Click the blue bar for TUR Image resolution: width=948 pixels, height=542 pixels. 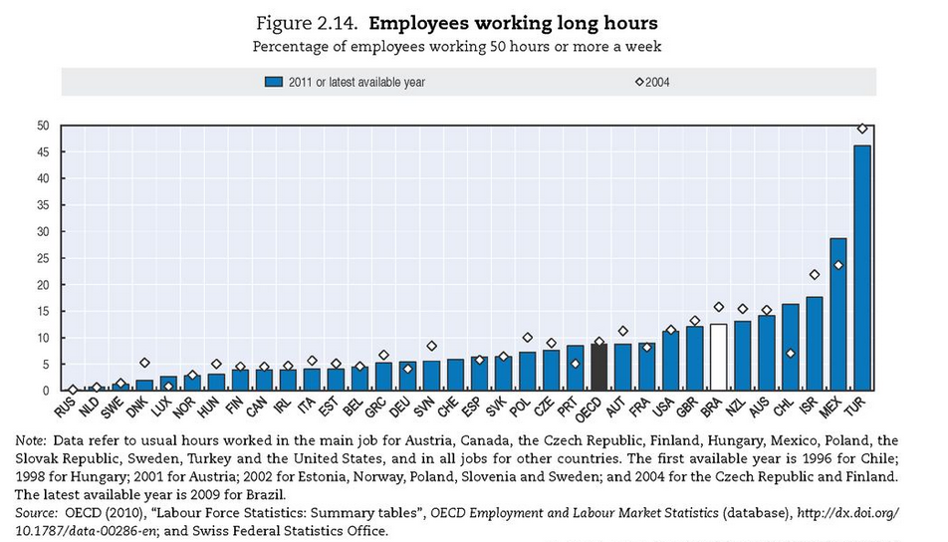coord(862,267)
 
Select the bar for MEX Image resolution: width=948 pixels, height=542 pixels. coord(838,314)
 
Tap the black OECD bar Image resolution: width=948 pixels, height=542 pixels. coord(598,367)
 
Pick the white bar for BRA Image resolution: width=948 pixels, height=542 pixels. coord(718,357)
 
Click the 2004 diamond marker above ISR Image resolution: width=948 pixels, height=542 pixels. coord(815,275)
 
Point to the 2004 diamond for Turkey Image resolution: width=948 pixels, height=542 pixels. coord(862,129)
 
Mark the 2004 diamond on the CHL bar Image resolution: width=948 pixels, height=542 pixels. coord(791,354)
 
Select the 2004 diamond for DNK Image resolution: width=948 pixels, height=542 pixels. coord(143,363)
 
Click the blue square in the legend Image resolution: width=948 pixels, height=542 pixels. coord(274,82)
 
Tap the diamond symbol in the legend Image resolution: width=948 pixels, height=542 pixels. coord(639,82)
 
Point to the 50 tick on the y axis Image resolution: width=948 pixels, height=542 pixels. coord(43,126)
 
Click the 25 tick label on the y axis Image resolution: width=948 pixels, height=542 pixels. coord(43,258)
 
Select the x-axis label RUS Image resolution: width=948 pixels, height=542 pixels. coord(65,407)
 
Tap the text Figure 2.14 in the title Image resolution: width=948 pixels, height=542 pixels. coord(307,24)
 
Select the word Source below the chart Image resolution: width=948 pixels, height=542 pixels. coord(36,513)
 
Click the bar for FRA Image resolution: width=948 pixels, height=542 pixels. coord(646,367)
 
